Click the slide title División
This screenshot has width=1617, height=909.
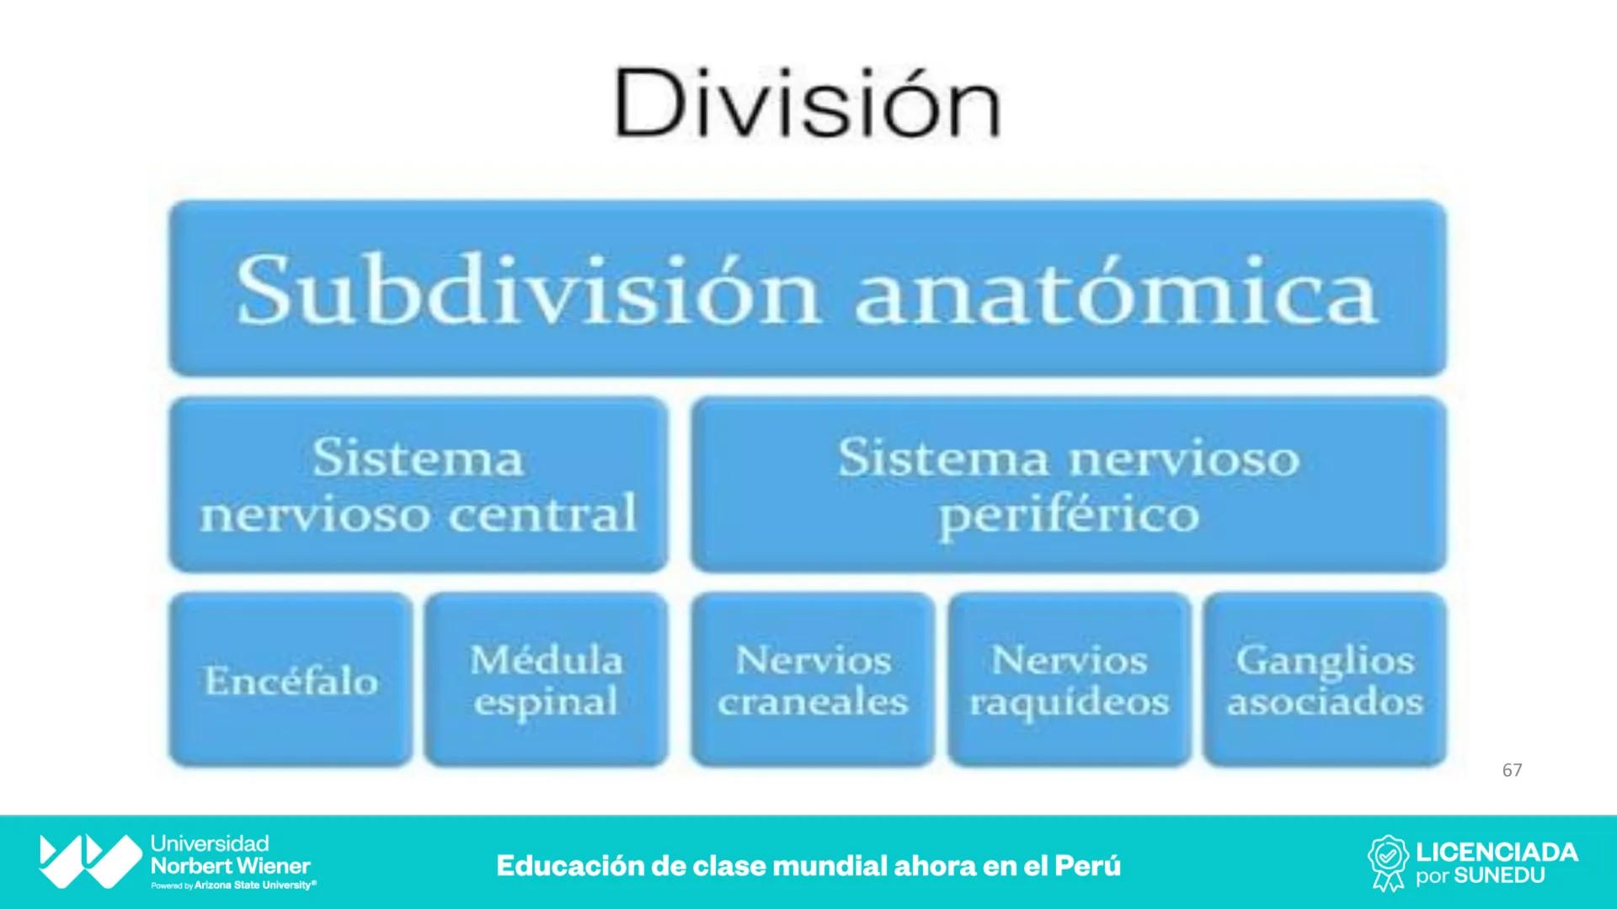tap(807, 104)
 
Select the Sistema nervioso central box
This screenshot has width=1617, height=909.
tap(419, 485)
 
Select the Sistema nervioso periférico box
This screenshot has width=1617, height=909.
tap(1069, 485)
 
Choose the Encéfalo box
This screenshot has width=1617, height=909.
tap(291, 680)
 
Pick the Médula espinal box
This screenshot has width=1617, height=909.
tap(547, 680)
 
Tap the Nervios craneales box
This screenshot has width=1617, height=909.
tap(813, 680)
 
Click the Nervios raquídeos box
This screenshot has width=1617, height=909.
tap(1070, 680)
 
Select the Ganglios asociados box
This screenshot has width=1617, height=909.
tap(1325, 680)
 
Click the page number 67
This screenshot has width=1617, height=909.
tap(1512, 770)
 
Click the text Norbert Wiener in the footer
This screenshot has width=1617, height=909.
tap(230, 865)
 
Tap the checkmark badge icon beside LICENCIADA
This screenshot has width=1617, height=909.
tap(1387, 862)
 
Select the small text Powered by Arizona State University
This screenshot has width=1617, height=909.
tap(234, 885)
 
